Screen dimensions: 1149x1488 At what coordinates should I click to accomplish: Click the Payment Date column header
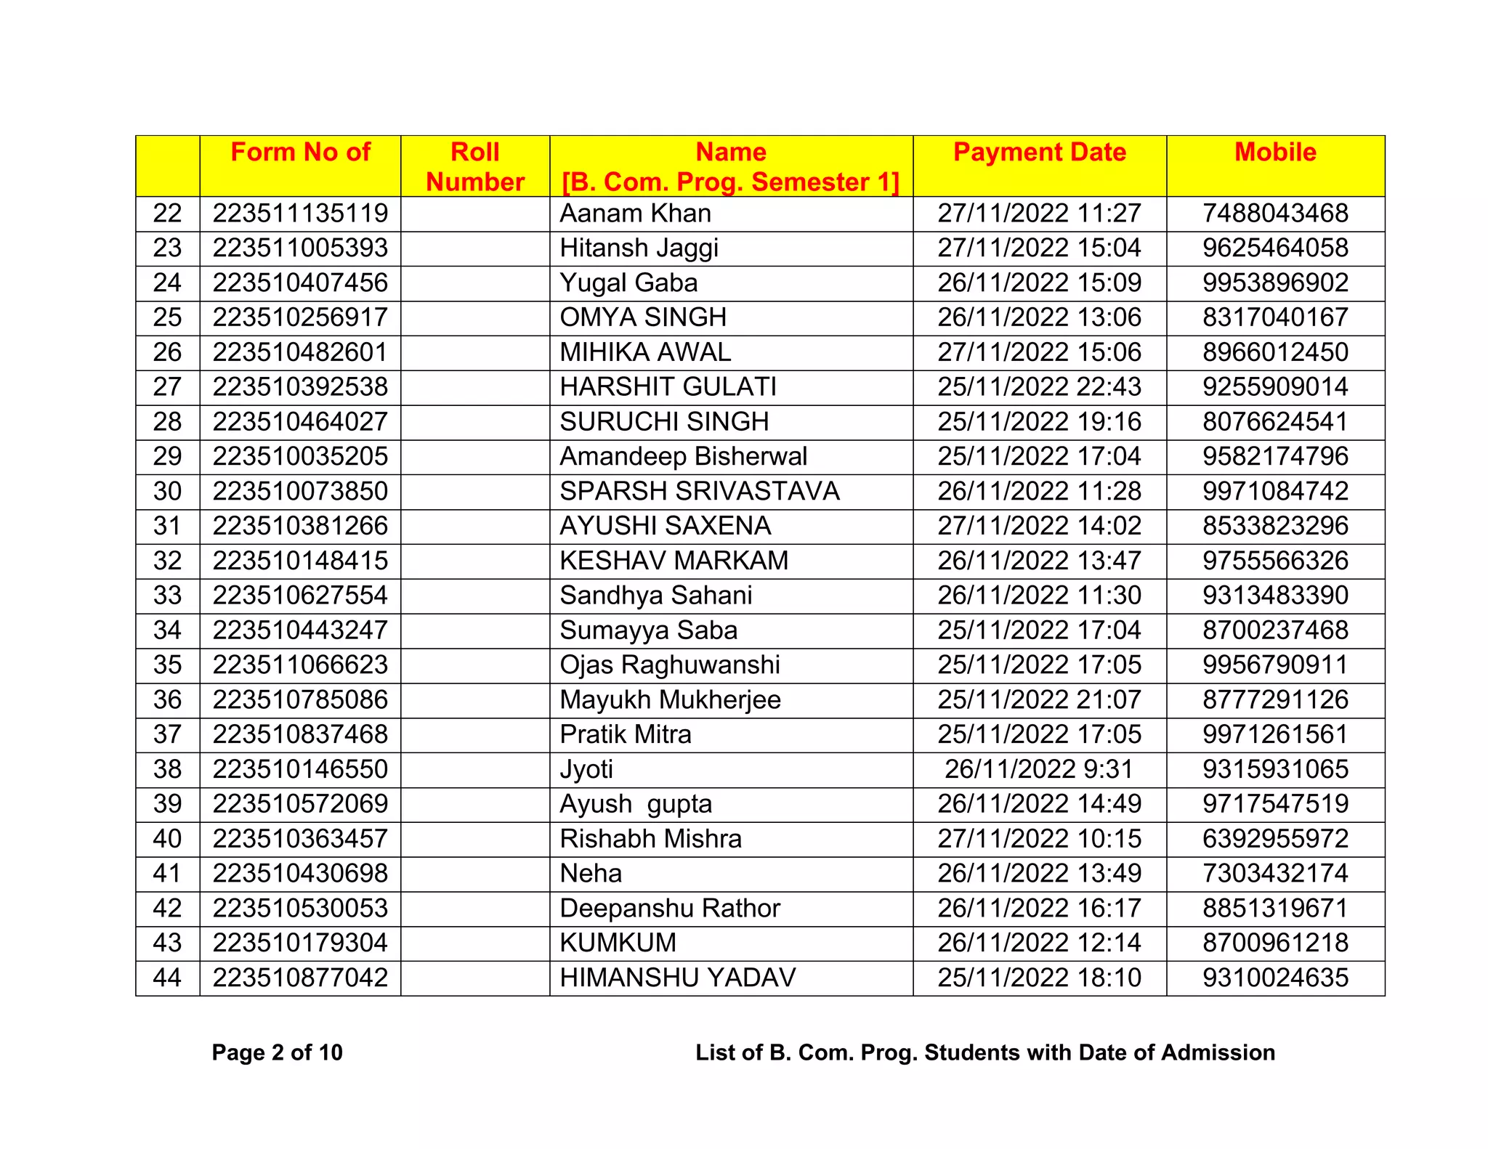click(x=1039, y=153)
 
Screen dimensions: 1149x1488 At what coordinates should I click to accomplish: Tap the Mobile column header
click(x=1275, y=153)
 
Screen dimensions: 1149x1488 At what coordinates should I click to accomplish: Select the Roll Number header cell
click(x=475, y=166)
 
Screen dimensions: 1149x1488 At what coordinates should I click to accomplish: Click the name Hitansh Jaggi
click(x=639, y=248)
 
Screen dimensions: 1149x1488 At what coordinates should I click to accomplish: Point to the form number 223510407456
click(x=300, y=283)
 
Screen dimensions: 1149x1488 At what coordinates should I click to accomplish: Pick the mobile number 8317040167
click(x=1275, y=317)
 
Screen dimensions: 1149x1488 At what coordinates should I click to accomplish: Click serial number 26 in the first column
click(x=167, y=352)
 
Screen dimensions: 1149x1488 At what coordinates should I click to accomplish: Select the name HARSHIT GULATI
click(x=668, y=387)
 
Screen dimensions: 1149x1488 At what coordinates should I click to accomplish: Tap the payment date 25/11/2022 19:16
click(x=1039, y=422)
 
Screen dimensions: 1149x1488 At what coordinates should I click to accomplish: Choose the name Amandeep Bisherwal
click(x=683, y=457)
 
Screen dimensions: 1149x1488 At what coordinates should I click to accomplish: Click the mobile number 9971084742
click(x=1275, y=492)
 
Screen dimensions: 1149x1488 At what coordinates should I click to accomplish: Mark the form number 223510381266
click(x=300, y=526)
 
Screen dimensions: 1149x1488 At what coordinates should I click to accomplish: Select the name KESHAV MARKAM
click(x=674, y=561)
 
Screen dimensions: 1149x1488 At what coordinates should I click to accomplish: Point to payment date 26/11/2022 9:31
click(x=1039, y=769)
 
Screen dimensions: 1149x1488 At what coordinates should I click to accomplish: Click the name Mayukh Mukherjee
click(x=670, y=700)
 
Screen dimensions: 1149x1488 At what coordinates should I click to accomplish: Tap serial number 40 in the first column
click(x=167, y=839)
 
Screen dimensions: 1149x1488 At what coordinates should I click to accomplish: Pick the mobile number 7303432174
click(x=1275, y=874)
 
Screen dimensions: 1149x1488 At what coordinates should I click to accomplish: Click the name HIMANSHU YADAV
click(x=677, y=978)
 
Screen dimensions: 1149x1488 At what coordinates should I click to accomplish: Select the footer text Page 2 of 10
click(x=277, y=1052)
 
